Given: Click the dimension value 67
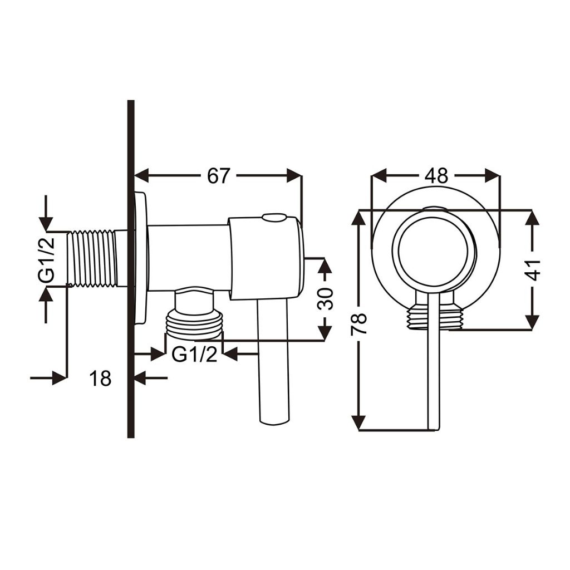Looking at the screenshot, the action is point(218,176).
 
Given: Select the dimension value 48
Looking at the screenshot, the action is point(436,176).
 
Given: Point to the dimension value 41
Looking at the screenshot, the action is point(533,270).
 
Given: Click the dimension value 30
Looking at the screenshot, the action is point(325,298).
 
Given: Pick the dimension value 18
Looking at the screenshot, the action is point(100,379).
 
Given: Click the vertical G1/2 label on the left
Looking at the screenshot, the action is point(46,259).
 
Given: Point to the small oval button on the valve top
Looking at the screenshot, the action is point(274,218).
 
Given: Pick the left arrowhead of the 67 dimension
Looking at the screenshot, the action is point(142,175).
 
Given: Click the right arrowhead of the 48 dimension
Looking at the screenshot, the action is point(492,175).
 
